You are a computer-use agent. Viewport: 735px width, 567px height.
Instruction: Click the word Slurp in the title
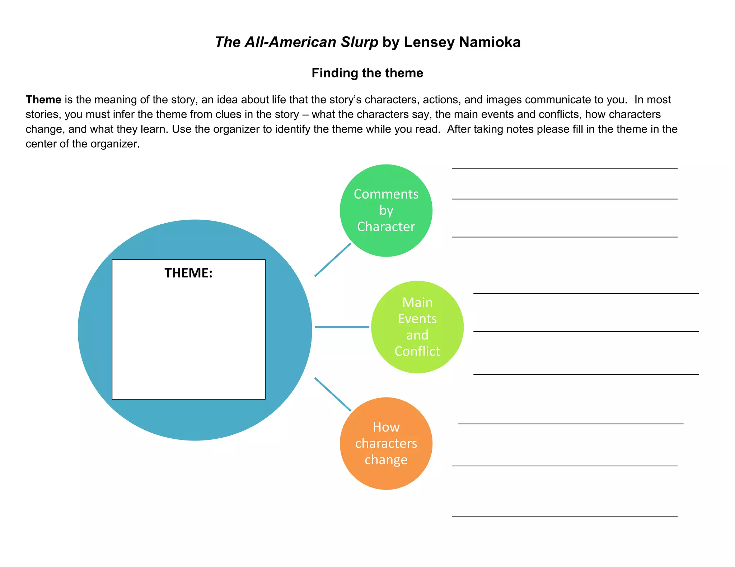(x=359, y=42)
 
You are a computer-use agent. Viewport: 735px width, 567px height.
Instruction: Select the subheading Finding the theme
(x=367, y=73)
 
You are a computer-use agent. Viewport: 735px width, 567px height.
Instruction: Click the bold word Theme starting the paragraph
(x=43, y=100)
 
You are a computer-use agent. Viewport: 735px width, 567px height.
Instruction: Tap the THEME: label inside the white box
(x=188, y=273)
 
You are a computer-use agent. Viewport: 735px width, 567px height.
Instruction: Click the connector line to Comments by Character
(x=333, y=260)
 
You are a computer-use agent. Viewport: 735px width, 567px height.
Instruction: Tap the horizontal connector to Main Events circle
(x=342, y=327)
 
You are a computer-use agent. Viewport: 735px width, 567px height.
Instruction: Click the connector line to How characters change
(x=333, y=394)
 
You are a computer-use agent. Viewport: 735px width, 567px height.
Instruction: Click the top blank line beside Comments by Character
(x=565, y=168)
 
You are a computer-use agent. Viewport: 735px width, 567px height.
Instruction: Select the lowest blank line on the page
(x=565, y=516)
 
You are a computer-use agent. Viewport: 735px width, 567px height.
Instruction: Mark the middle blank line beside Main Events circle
(x=586, y=332)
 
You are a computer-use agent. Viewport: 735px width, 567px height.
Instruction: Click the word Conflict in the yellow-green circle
(x=417, y=351)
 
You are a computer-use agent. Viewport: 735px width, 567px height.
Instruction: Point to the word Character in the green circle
(x=386, y=227)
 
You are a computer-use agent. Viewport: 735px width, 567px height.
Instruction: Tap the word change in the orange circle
(x=386, y=460)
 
